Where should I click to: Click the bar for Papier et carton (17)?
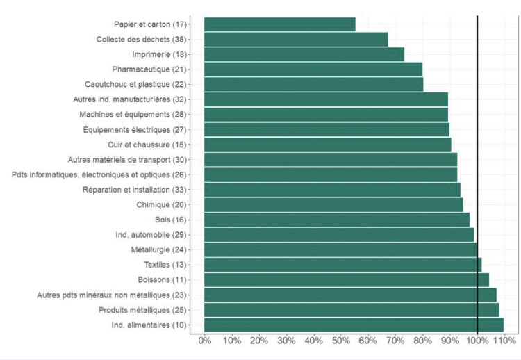[x=280, y=24]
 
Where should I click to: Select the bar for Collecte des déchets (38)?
[x=296, y=39]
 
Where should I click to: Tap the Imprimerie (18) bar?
[x=304, y=54]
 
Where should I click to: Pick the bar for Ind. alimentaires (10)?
[x=354, y=325]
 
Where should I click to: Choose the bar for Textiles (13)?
[x=342, y=265]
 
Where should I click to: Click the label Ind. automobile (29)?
[x=155, y=235]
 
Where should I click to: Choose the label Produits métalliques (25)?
[x=144, y=310]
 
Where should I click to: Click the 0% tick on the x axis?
[x=205, y=341]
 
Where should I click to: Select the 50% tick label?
[x=340, y=341]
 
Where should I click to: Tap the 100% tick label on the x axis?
[x=477, y=341]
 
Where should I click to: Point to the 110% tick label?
[x=504, y=341]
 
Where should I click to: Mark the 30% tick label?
[x=286, y=341]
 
